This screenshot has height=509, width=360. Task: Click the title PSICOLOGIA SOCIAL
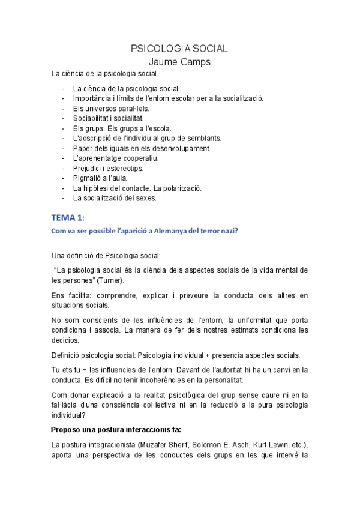tap(179, 49)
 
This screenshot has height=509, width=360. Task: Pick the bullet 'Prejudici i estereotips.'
tap(108, 169)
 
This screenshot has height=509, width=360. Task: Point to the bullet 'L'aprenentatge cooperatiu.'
tap(116, 158)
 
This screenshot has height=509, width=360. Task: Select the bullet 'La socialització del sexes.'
tap(114, 198)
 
